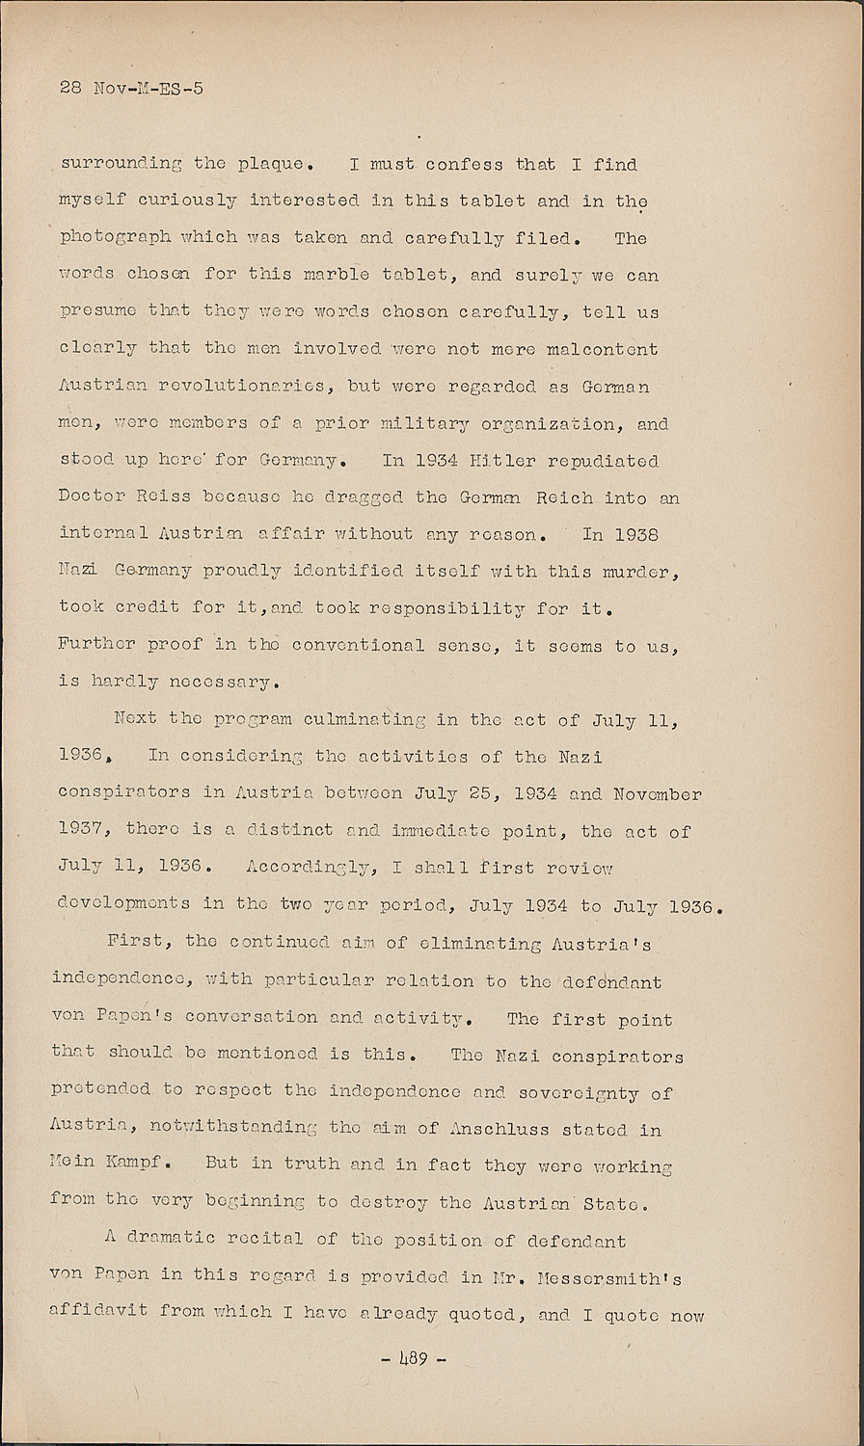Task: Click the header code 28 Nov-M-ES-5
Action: coord(131,88)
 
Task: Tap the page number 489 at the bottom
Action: coord(414,1360)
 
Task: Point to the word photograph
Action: coord(115,237)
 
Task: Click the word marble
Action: coord(336,274)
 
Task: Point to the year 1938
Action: coord(635,533)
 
